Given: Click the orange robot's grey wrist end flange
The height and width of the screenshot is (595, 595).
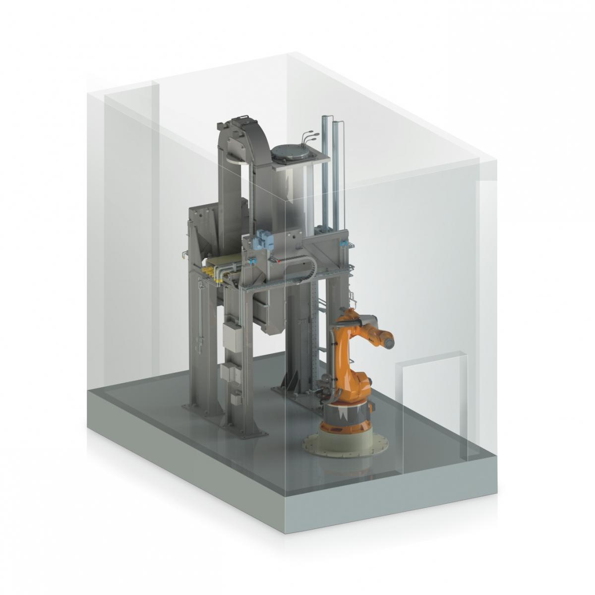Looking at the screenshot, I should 389,340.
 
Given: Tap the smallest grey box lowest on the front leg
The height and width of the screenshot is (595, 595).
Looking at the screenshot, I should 237,396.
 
